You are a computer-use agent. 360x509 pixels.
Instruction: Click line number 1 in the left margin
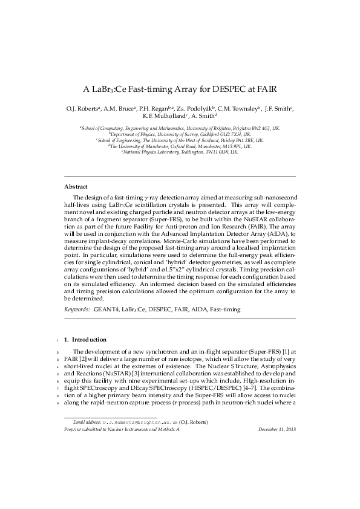pos(55,340)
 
